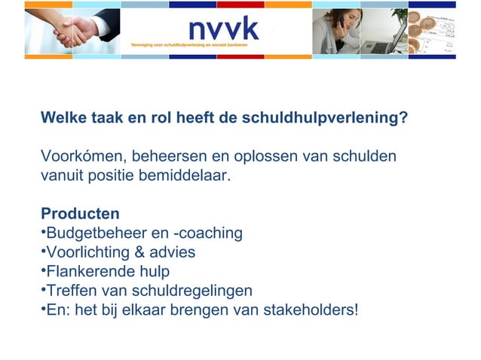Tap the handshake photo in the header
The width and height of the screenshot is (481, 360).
tap(72, 32)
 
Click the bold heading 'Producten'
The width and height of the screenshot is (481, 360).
tap(80, 214)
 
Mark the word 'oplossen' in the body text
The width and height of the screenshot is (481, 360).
tap(268, 157)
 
